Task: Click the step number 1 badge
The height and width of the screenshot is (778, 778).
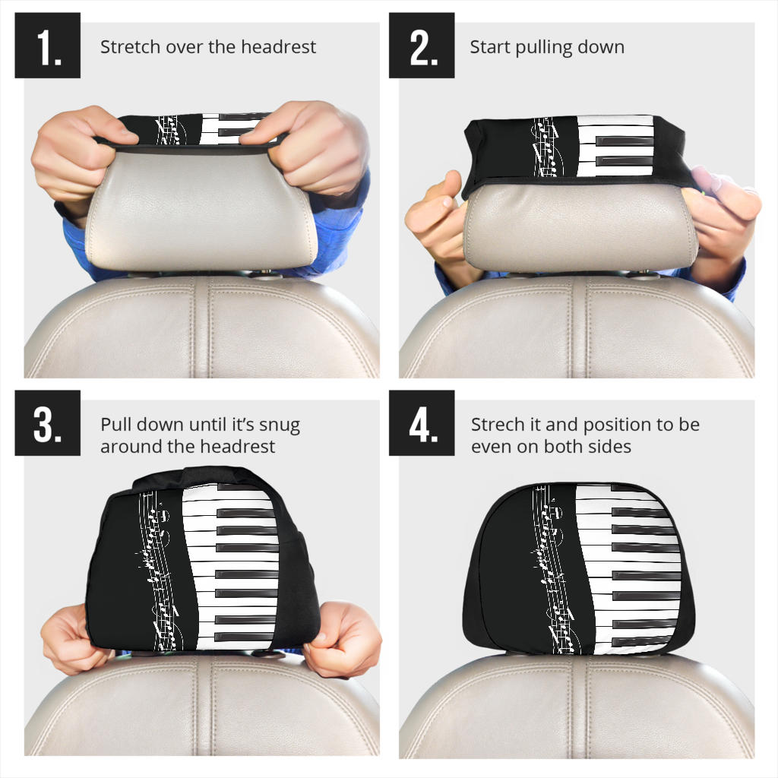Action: (47, 46)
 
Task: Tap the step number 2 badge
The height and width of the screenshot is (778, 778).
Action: (422, 46)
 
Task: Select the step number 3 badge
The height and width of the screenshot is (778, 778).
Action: (47, 422)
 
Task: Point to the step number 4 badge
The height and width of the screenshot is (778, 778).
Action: (422, 422)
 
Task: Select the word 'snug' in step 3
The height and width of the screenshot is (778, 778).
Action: (280, 425)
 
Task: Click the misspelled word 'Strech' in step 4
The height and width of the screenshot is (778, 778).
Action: (495, 425)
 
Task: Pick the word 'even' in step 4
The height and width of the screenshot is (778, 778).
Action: (491, 447)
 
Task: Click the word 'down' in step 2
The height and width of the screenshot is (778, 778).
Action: (604, 47)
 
